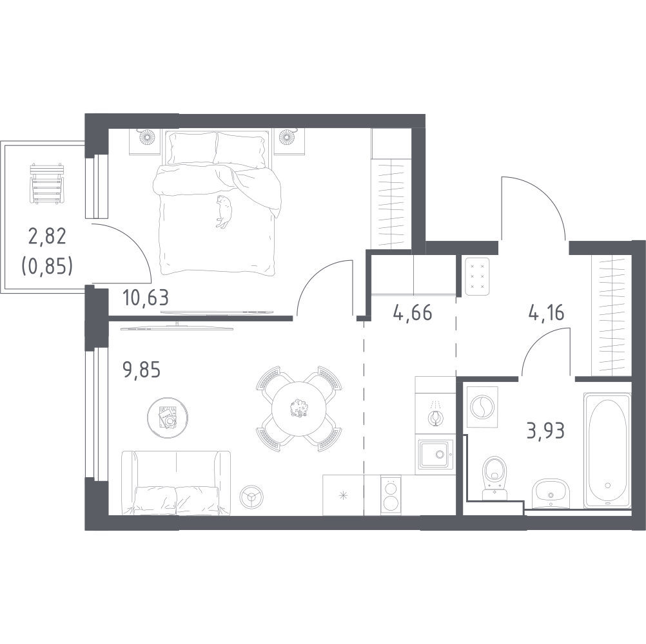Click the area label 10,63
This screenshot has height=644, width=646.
point(146,298)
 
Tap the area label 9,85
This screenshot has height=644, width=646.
point(141,369)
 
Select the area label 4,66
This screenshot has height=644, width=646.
point(413,313)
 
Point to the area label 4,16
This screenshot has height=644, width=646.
point(546,313)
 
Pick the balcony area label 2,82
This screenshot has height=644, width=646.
point(47,238)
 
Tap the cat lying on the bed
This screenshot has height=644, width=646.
point(224,211)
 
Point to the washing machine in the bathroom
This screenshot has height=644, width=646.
point(481,408)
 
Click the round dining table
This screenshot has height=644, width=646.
point(299,408)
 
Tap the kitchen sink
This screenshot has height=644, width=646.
point(436,454)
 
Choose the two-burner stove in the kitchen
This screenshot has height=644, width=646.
point(391,495)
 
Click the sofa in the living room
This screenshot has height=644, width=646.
point(177,483)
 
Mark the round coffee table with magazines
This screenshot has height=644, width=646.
point(168,417)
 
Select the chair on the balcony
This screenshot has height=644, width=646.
point(47,184)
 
